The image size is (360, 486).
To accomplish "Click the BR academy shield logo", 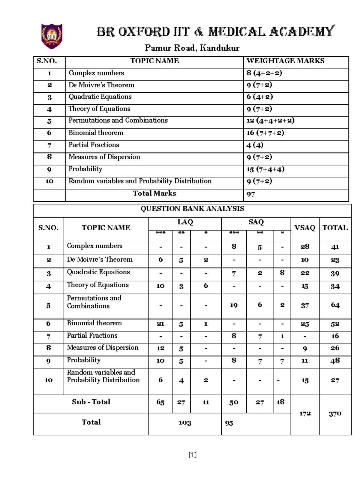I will (x=52, y=36).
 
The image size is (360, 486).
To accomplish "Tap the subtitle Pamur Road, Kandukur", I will (x=192, y=48).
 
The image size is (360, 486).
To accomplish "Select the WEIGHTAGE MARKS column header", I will (x=285, y=61).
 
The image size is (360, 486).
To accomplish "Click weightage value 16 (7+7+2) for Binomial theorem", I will (x=265, y=133).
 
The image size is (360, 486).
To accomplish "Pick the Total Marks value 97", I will (x=251, y=194).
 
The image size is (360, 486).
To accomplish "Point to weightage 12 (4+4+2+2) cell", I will (x=270, y=121).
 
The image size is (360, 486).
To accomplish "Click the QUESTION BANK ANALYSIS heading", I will (x=192, y=209).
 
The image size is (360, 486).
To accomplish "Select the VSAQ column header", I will (x=305, y=228).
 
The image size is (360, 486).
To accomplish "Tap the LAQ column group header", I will (x=185, y=222).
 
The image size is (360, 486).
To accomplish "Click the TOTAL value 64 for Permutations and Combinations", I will (x=335, y=305).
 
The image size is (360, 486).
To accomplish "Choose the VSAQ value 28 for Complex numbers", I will (x=305, y=246).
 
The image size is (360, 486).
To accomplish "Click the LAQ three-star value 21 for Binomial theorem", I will (x=160, y=324).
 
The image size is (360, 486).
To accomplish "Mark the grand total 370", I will (x=335, y=414).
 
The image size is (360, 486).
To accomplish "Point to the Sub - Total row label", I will (x=91, y=402).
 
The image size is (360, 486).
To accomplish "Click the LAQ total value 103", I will (x=185, y=423).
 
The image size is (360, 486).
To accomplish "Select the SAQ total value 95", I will (x=229, y=423).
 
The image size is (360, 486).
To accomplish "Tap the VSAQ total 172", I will (x=305, y=414).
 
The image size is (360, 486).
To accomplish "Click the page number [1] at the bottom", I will (x=193, y=455).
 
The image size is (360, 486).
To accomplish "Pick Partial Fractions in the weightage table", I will (x=94, y=145).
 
